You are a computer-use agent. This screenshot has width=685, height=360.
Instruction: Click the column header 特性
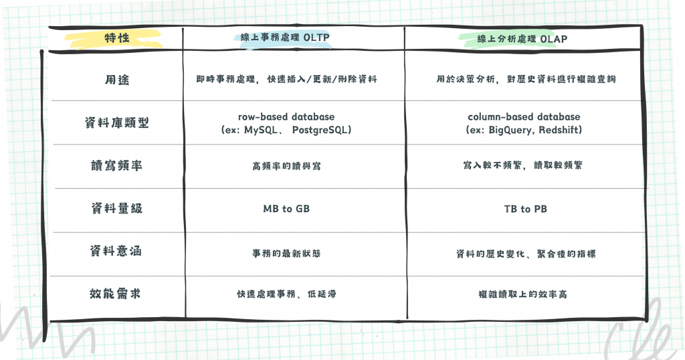(x=115, y=39)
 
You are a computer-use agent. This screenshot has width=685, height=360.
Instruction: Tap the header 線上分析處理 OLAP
(x=523, y=39)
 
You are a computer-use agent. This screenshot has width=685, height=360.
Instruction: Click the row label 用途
(x=115, y=79)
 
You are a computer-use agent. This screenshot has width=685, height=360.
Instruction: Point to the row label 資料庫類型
(x=115, y=123)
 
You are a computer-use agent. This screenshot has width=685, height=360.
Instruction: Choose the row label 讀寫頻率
(x=115, y=165)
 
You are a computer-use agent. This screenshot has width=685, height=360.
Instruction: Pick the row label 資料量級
(x=115, y=209)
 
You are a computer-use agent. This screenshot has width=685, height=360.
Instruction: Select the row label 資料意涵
(x=115, y=252)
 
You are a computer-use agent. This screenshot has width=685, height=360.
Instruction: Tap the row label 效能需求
(x=115, y=294)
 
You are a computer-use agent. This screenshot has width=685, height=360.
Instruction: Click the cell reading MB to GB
(x=286, y=209)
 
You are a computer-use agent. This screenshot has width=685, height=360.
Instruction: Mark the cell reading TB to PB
(x=525, y=209)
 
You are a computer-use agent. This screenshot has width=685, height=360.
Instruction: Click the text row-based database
(x=286, y=117)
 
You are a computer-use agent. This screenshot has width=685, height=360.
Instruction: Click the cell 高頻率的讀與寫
(x=286, y=165)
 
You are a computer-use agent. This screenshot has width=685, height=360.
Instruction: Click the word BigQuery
(x=511, y=130)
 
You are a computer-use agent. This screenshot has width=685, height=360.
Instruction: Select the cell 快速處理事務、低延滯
(x=286, y=294)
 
